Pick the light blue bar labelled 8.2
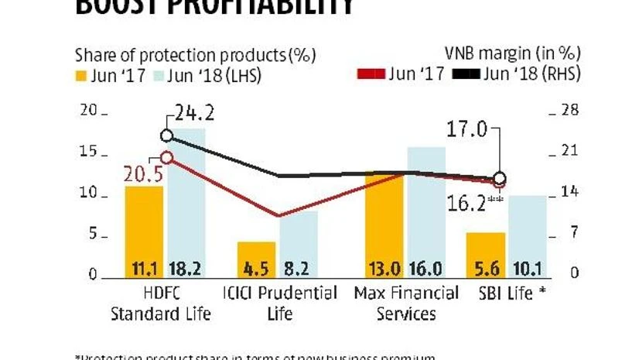[299, 244]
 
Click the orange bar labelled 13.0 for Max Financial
[384, 225]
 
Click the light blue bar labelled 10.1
[528, 235]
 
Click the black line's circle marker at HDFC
[166, 136]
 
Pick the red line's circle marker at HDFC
[166, 157]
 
